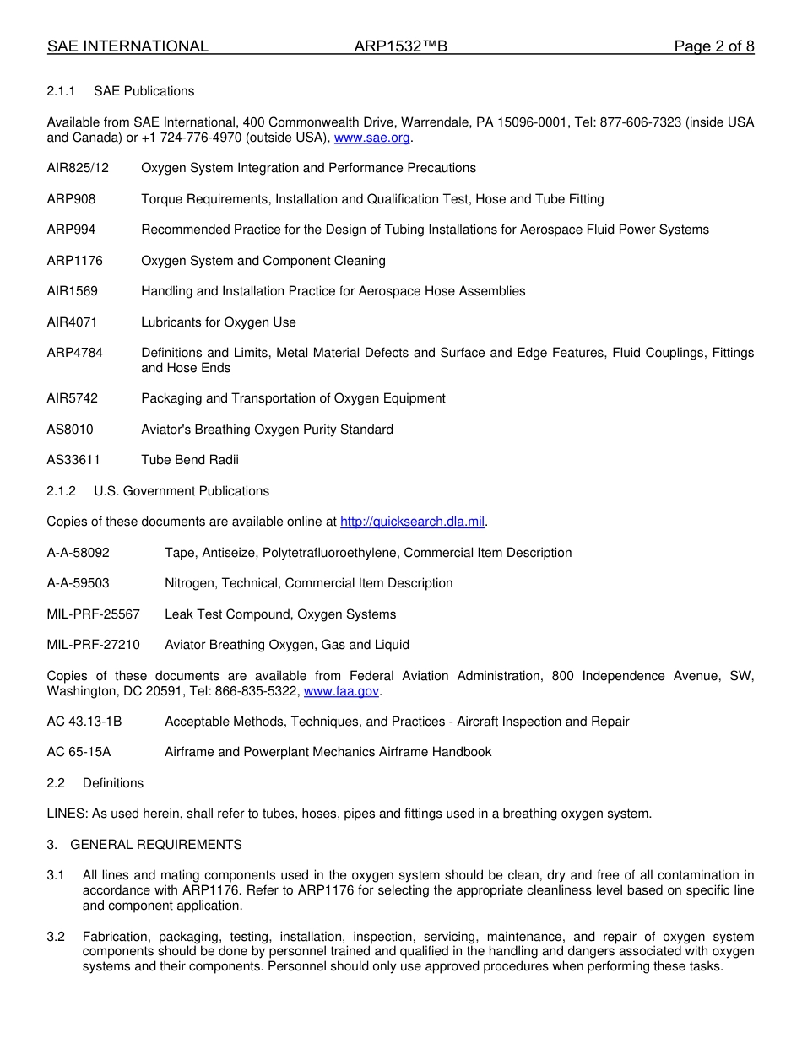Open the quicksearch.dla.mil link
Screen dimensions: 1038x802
[412, 522]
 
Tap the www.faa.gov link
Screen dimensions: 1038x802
[341, 691]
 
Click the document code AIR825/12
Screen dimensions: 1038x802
[78, 168]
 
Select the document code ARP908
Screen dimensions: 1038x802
[71, 199]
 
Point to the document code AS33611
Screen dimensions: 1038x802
[72, 460]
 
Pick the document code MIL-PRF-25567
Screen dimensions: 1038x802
[93, 614]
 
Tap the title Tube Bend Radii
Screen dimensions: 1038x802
[190, 460]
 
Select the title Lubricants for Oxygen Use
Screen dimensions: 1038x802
[219, 322]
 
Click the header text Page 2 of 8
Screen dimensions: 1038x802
[713, 46]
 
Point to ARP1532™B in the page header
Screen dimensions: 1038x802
[400, 46]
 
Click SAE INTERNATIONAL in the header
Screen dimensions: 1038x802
[127, 46]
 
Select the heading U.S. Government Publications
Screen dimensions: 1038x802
[182, 491]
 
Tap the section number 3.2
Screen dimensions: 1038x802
[56, 937]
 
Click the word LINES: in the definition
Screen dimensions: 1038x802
[68, 814]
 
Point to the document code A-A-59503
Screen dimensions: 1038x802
[78, 583]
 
